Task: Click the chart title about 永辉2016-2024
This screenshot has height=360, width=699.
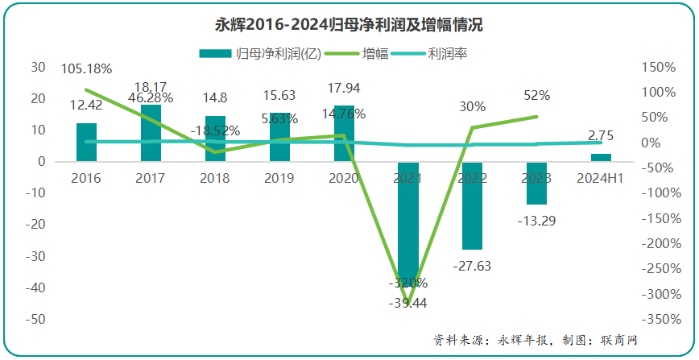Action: click(x=349, y=24)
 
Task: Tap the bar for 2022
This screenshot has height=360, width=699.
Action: click(x=473, y=205)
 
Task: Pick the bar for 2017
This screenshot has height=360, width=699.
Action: click(x=151, y=133)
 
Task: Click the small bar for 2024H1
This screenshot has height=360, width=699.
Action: click(x=601, y=157)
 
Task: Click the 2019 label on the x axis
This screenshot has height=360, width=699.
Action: click(x=279, y=177)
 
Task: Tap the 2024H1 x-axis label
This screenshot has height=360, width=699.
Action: click(x=602, y=177)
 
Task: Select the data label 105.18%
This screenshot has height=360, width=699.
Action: click(x=86, y=68)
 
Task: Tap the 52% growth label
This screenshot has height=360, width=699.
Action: click(x=537, y=95)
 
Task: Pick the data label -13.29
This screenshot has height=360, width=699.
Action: click(x=537, y=219)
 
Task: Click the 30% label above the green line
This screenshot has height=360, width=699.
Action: click(x=473, y=106)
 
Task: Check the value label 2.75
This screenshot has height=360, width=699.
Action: click(x=602, y=135)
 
